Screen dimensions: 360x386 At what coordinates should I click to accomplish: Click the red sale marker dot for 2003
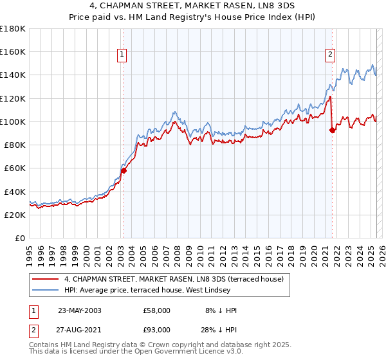(x=124, y=170)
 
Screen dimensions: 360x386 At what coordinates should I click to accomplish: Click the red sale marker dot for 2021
(x=332, y=130)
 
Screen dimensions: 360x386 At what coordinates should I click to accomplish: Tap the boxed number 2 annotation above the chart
(x=331, y=55)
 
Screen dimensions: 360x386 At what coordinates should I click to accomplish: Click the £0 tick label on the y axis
(x=19, y=239)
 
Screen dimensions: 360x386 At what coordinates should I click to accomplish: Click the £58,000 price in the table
(x=157, y=310)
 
